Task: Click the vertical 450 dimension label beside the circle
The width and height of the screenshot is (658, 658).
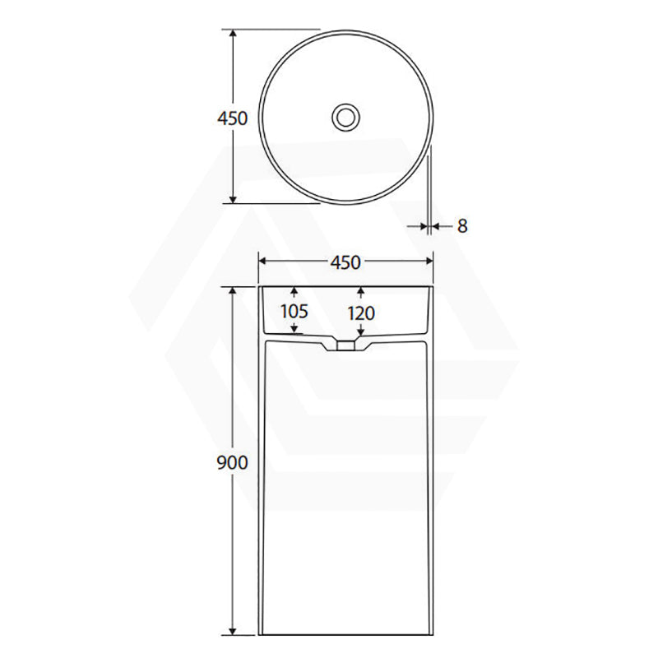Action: coord(233,118)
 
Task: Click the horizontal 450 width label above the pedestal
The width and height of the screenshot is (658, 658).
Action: coord(345,262)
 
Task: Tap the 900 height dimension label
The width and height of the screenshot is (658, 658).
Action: coord(232,462)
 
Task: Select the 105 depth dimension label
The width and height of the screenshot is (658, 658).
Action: coord(294,312)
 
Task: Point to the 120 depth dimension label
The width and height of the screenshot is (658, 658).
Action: coord(361,313)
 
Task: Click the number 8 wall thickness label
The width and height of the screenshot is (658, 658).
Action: coord(462,226)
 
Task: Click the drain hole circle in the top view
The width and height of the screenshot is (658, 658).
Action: coord(345,117)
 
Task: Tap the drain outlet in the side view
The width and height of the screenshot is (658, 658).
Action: coord(345,345)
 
